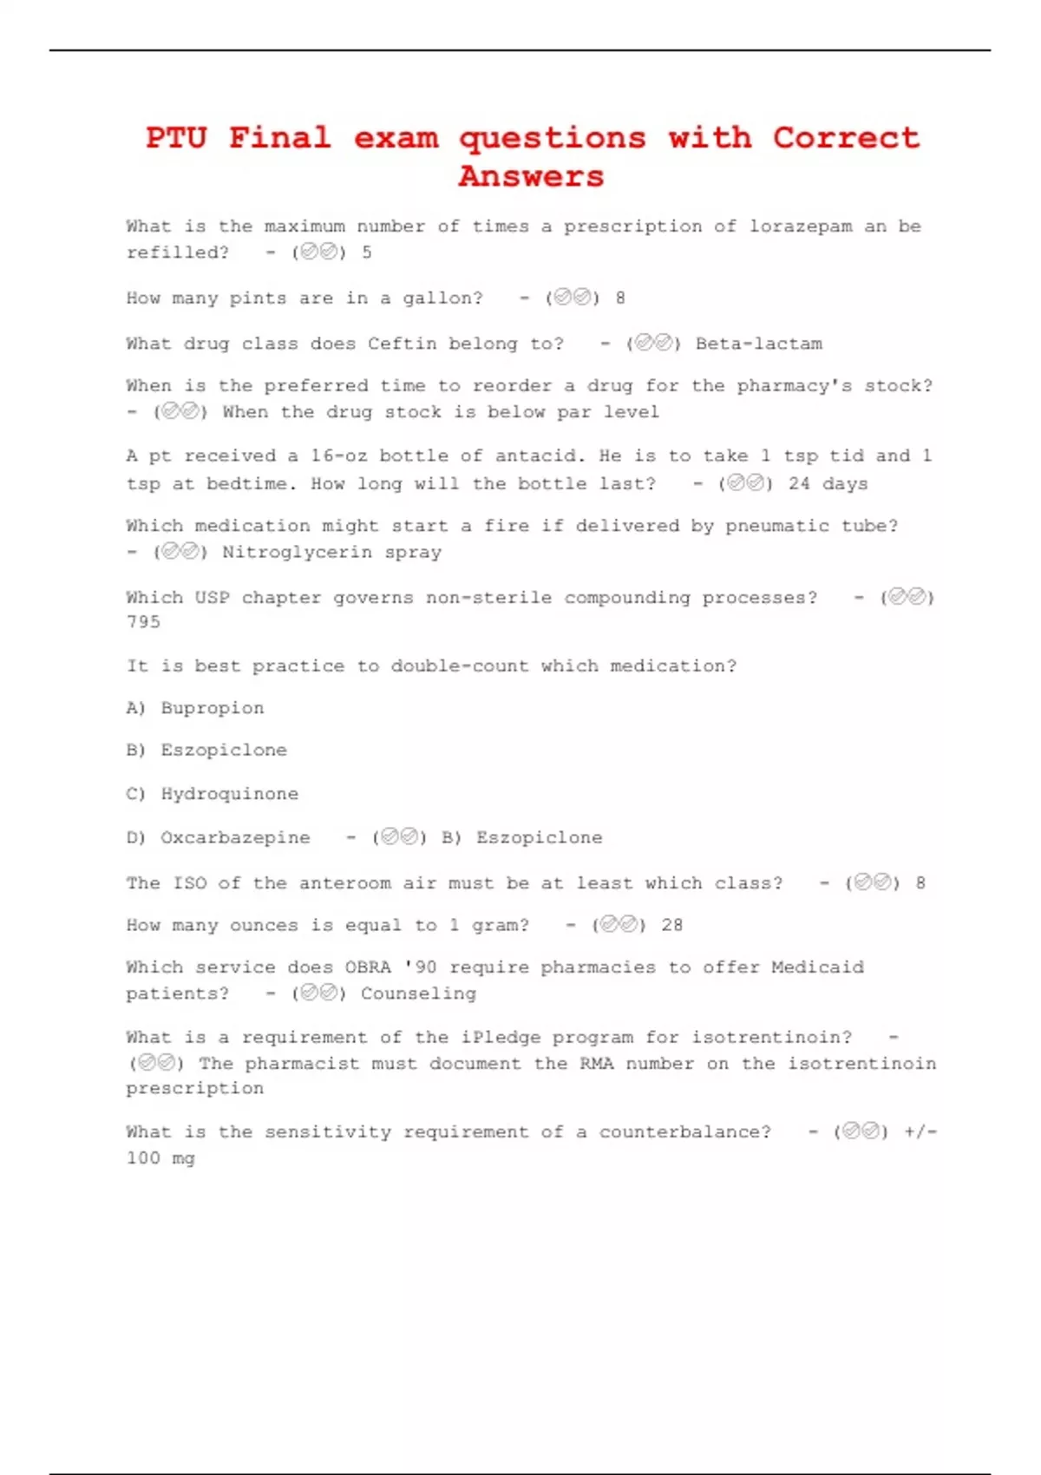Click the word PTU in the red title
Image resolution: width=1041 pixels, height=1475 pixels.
point(176,138)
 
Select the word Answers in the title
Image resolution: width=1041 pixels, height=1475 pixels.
point(531,176)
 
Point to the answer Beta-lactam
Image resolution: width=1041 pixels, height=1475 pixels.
point(759,344)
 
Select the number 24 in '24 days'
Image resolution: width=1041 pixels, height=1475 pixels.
point(799,483)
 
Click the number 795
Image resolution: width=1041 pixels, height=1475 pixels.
point(143,622)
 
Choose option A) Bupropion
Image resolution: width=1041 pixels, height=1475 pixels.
point(195,708)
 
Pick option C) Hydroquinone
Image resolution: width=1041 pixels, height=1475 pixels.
point(212,794)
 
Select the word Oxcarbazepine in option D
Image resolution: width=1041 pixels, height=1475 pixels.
point(235,838)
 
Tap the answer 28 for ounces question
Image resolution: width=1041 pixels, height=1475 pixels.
point(671,925)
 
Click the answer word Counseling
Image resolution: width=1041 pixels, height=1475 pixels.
point(418,993)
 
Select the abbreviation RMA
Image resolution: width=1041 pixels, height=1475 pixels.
point(596,1064)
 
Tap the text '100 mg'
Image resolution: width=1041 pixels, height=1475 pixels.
point(160,1158)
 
